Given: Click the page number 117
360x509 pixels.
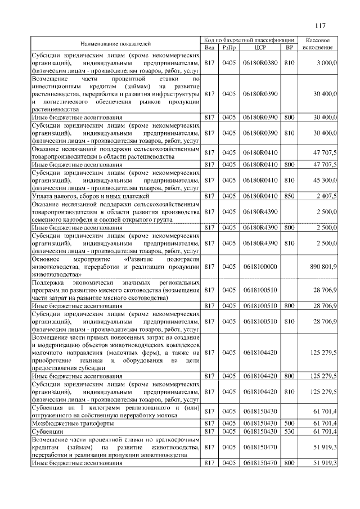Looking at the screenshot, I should coord(321,25).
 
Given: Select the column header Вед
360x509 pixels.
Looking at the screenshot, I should coord(209,48).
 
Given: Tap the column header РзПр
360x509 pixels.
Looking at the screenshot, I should coord(228,48).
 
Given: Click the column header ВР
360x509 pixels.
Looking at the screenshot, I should coord(290,48).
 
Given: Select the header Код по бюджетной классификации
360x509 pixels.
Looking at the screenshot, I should coord(250,40).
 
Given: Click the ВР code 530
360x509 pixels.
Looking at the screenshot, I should coord(290,430).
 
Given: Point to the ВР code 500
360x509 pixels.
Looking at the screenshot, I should coord(290,422).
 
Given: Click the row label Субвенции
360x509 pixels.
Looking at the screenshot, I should coord(47,430).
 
